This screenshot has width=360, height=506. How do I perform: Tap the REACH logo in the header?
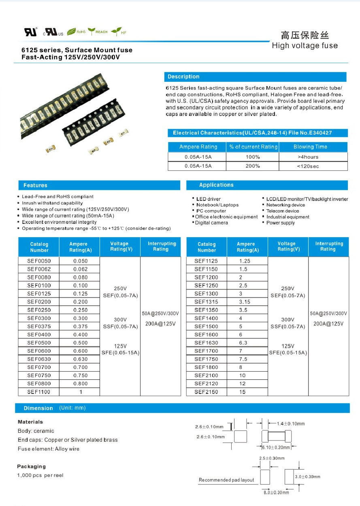pyautogui.click(x=98, y=32)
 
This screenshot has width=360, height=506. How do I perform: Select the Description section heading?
pyautogui.click(x=183, y=77)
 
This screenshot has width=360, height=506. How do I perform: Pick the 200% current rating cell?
pyautogui.click(x=253, y=166)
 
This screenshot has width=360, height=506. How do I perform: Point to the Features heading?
pyautogui.click(x=35, y=185)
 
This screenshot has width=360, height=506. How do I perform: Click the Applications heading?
pyautogui.click(x=216, y=185)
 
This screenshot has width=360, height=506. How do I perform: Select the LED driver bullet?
pyautogui.click(x=208, y=199)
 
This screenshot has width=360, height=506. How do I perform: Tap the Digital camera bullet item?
pyautogui.click(x=211, y=223)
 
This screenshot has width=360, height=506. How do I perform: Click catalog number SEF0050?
pyautogui.click(x=38, y=261)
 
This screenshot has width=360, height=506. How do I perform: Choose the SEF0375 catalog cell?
pyautogui.click(x=38, y=326)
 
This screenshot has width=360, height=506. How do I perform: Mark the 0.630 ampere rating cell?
pyautogui.click(x=80, y=359)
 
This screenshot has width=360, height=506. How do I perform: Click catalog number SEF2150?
pyautogui.click(x=206, y=392)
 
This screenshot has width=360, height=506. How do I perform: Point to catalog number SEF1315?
pyautogui.click(x=206, y=302)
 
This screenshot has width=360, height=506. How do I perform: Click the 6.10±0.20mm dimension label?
pyautogui.click(x=275, y=447)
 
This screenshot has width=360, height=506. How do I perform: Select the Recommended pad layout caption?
pyautogui.click(x=226, y=480)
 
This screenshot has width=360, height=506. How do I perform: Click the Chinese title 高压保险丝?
pyautogui.click(x=305, y=35)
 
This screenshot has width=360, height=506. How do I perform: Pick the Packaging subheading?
pyautogui.click(x=31, y=466)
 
